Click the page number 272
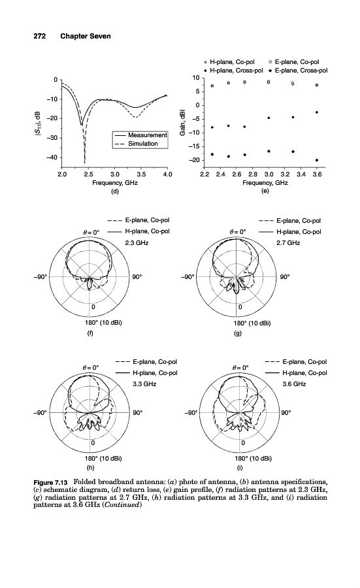point(40,36)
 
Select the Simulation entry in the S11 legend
point(137,144)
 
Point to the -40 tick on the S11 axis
point(52,157)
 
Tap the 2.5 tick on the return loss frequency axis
point(88,174)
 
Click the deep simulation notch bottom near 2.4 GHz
point(85,163)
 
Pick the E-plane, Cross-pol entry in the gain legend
point(299,71)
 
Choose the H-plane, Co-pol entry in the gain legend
point(229,62)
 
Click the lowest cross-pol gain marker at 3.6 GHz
point(317,160)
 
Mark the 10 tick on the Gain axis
point(196,78)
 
